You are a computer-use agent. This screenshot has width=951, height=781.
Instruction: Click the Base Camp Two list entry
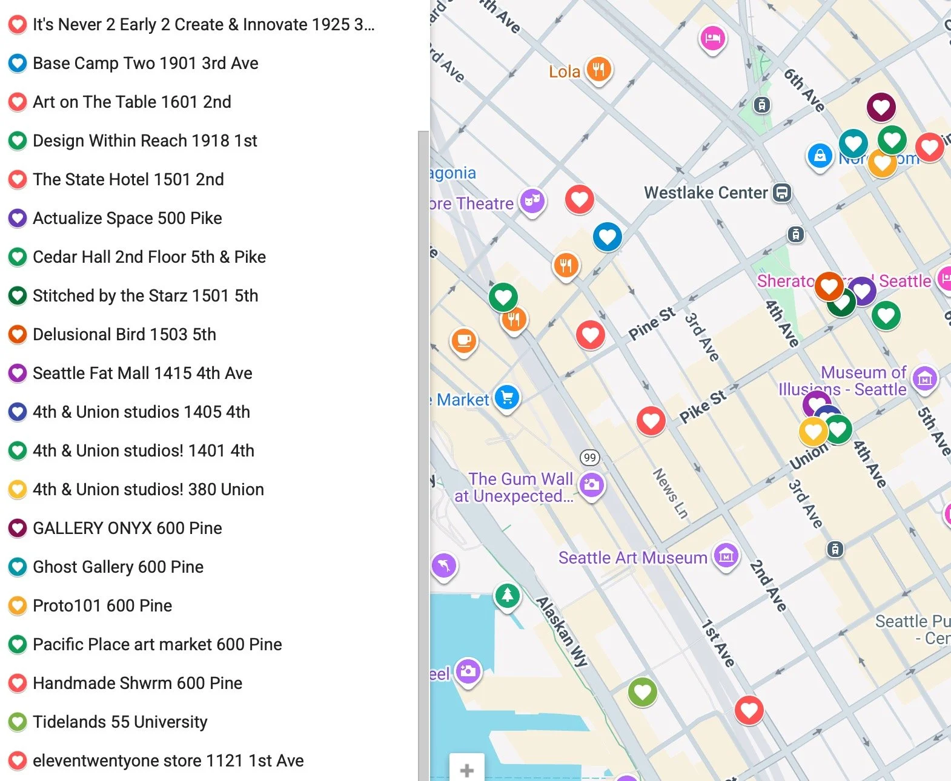coord(145,63)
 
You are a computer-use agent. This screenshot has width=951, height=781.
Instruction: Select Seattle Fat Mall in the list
coord(142,373)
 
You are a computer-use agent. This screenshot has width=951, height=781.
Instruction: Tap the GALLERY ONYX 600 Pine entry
coord(127,528)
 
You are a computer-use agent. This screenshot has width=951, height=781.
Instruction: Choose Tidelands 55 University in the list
coord(120,722)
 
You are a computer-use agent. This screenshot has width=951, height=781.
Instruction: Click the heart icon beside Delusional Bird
coord(18,334)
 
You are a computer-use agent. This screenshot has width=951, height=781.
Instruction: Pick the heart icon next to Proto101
coord(18,605)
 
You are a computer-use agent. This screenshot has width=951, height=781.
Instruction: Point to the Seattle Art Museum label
coord(632,558)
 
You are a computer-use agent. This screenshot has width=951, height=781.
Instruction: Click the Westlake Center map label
coord(706,193)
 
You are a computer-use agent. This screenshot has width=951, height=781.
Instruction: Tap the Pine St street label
coord(651,323)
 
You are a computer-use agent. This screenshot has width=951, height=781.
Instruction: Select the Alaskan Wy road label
coord(562,631)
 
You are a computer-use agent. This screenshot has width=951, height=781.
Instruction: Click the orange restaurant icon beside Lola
coord(598,70)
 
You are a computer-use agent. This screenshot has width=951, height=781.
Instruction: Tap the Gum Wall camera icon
coord(592,484)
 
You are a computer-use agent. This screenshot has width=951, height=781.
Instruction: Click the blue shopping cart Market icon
coord(507,398)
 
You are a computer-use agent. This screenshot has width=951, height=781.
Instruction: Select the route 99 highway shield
coord(589,458)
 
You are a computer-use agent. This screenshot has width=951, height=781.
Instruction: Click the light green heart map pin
coord(642,691)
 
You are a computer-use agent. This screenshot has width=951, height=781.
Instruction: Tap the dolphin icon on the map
coord(444,565)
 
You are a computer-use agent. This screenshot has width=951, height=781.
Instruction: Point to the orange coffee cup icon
coord(464,341)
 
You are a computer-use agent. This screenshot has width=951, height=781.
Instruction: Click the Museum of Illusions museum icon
coord(924,380)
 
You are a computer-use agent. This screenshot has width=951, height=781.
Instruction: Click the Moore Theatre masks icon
coord(532,200)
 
